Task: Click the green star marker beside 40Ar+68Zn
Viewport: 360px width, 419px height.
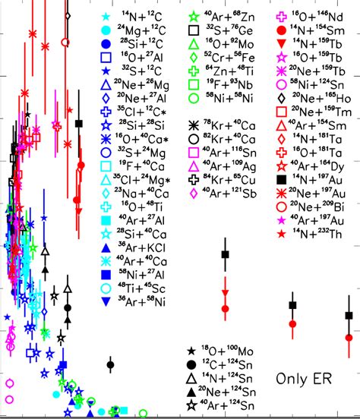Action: (x=194, y=16)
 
